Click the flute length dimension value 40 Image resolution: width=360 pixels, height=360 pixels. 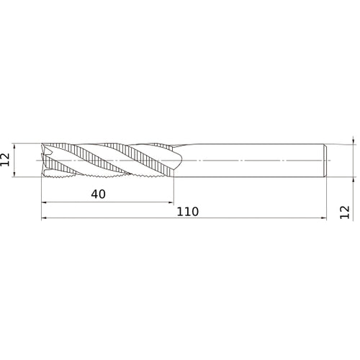tap(98, 194)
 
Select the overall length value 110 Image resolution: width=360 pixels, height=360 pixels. tap(188, 212)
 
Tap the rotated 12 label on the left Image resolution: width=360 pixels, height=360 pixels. tap(5, 160)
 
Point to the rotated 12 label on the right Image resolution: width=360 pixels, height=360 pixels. tap(345, 212)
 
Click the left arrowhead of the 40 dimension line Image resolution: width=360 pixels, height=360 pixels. tap(44, 202)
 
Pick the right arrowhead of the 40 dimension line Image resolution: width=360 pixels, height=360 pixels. tap(171, 202)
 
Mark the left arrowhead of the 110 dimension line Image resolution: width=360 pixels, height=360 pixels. tap(44, 218)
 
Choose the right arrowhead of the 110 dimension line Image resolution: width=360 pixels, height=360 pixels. tap(324, 218)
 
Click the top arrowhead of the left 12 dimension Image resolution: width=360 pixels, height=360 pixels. tap(14, 146)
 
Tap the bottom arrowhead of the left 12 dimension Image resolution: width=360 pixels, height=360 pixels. tap(14, 174)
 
